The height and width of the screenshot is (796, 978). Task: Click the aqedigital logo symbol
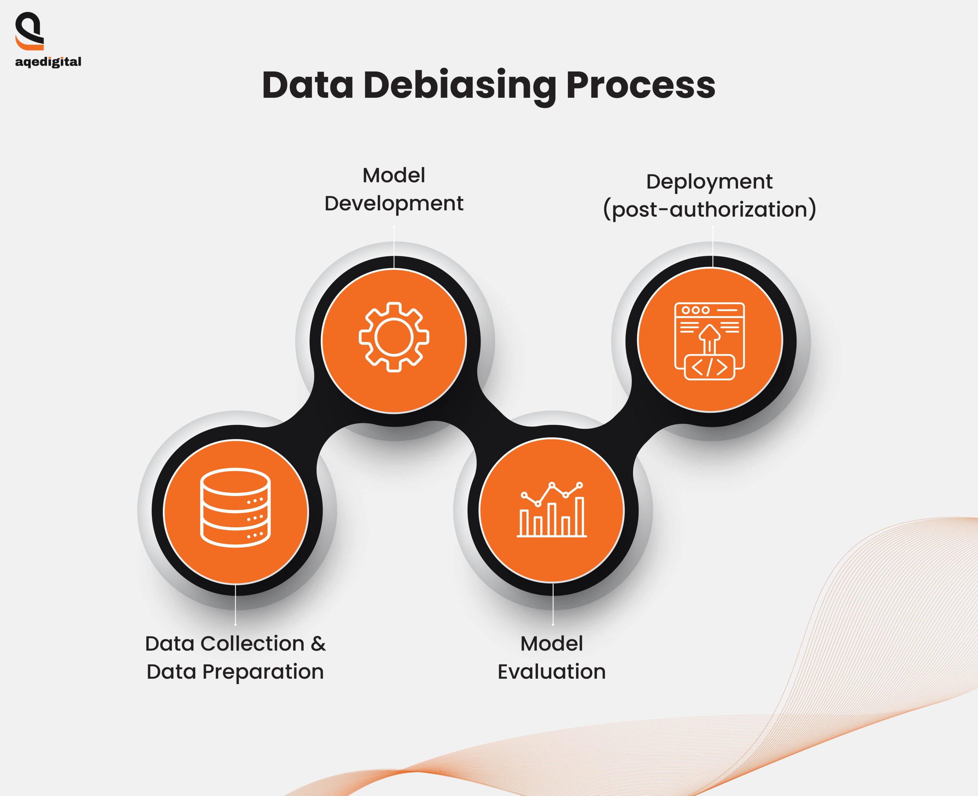(x=29, y=31)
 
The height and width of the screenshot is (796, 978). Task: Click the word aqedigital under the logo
(x=48, y=62)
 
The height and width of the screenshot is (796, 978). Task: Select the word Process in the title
(x=641, y=86)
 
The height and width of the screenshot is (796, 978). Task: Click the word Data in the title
(x=308, y=86)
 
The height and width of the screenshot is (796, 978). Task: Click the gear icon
(x=393, y=337)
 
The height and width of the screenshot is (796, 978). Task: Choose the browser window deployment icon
(x=709, y=341)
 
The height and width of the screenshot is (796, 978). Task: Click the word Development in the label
(x=393, y=203)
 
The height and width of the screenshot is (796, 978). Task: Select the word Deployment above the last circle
(x=709, y=182)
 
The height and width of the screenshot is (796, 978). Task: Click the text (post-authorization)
(x=709, y=210)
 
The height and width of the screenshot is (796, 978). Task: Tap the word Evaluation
(x=551, y=672)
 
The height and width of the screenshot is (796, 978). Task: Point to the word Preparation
(x=263, y=672)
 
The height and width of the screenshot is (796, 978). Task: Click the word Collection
(x=252, y=644)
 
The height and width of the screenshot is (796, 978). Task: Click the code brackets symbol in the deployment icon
(x=709, y=367)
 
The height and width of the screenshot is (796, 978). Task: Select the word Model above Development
(x=393, y=175)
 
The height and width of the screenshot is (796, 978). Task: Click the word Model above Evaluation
(x=551, y=644)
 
